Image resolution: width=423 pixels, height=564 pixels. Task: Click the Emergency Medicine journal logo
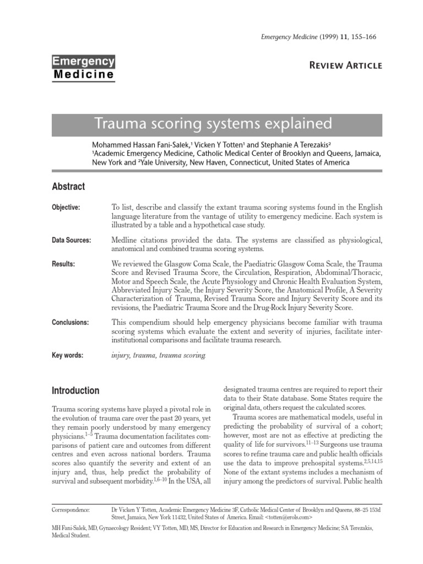pos(83,68)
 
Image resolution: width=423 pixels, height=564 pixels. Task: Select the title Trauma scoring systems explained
pos(214,122)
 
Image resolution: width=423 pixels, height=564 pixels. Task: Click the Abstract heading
pos(68,187)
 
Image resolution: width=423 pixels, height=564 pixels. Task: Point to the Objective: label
pos(66,207)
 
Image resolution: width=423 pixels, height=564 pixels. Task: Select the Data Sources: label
pos(71,240)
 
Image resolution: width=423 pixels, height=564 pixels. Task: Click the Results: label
pos(63,264)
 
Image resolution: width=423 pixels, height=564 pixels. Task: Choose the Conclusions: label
pos(70,322)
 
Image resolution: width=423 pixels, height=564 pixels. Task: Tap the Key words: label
pos(67,355)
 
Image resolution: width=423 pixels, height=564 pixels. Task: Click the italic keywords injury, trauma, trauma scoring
pos(158,355)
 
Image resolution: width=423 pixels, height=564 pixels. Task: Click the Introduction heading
pos(75,391)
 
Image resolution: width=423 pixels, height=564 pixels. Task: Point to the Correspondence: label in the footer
pos(70,510)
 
